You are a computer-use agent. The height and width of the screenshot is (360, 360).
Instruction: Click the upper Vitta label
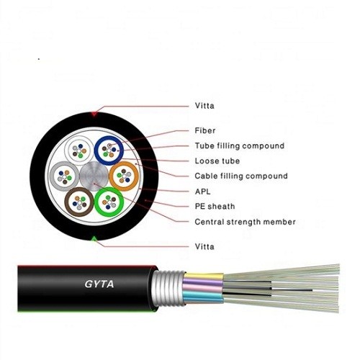pos(204,106)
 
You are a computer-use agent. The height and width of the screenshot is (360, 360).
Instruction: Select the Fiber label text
pos(204,131)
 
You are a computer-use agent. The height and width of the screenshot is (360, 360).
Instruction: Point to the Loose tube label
pos(217,161)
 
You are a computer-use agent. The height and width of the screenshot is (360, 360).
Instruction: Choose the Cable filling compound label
pos(240,176)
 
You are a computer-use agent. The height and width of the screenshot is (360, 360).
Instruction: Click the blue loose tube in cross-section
pos(110,150)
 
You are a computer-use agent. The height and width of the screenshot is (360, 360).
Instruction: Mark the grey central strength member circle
pos(94,175)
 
